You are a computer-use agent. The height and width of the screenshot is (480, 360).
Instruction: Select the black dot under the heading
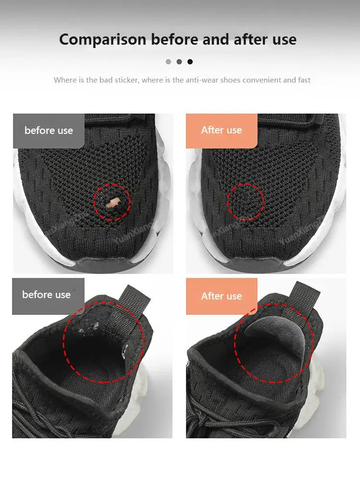[x=190, y=61]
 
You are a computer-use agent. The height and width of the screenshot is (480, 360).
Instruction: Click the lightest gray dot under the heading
[x=168, y=61]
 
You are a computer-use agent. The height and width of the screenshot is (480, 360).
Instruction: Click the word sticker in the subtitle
[x=126, y=80]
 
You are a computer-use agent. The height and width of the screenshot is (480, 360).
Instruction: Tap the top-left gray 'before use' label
[x=48, y=131]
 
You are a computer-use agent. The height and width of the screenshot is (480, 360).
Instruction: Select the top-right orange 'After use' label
[x=221, y=130]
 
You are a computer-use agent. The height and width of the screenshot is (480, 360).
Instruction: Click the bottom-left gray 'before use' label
[x=47, y=295]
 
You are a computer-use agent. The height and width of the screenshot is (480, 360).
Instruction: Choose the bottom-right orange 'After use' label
[x=221, y=296]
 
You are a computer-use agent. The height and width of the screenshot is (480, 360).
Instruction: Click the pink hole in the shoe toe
[x=113, y=203]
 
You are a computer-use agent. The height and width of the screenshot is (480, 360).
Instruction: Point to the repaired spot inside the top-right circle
[x=245, y=202]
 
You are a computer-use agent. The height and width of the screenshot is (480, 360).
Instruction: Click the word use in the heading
[x=285, y=39]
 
